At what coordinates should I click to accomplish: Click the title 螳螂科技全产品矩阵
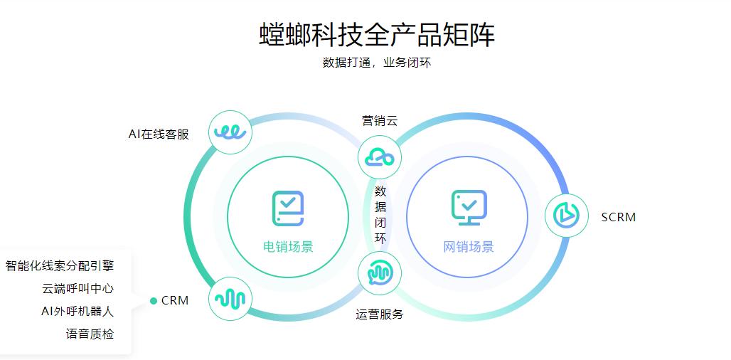pyautogui.click(x=377, y=34)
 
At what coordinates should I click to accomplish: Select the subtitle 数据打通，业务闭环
pyautogui.click(x=377, y=63)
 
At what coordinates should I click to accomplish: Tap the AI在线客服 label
pyautogui.click(x=159, y=134)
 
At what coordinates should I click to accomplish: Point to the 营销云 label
pyautogui.click(x=380, y=121)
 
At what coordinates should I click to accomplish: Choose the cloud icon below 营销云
pyautogui.click(x=380, y=157)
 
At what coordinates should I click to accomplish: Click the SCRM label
pyautogui.click(x=618, y=217)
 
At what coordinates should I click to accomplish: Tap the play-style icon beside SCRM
pyautogui.click(x=567, y=216)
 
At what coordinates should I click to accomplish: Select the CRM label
pyautogui.click(x=175, y=301)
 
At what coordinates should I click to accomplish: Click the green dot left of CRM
pyautogui.click(x=154, y=301)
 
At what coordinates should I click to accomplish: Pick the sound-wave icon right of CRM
pyautogui.click(x=230, y=298)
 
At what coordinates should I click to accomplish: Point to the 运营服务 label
pyautogui.click(x=380, y=314)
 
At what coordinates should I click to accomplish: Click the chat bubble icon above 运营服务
pyautogui.click(x=380, y=273)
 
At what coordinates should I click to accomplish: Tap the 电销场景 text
pyautogui.click(x=288, y=247)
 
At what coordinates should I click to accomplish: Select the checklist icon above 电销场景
pyautogui.click(x=288, y=208)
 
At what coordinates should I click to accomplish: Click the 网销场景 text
pyautogui.click(x=469, y=247)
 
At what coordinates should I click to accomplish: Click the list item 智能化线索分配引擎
pyautogui.click(x=60, y=266)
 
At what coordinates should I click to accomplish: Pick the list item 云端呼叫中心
pyautogui.click(x=78, y=288)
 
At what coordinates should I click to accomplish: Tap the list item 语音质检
pyautogui.click(x=90, y=334)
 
